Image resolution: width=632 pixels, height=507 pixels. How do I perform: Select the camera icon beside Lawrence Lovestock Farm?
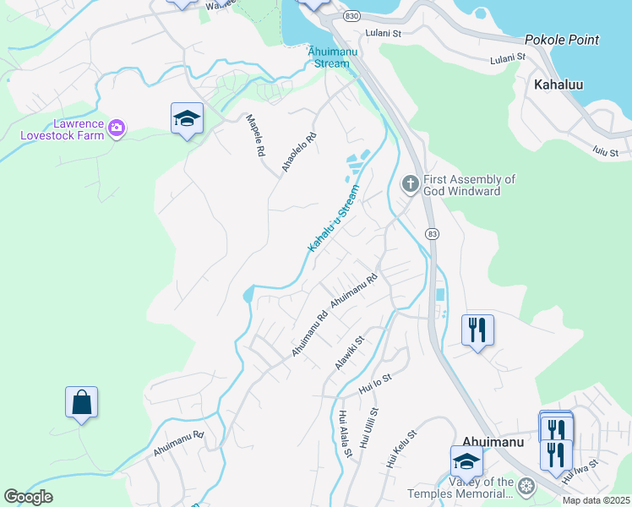(x=117, y=128)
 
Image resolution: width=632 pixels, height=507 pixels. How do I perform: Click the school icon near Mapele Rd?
(x=187, y=119)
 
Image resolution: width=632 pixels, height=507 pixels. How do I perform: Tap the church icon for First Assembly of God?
(x=410, y=184)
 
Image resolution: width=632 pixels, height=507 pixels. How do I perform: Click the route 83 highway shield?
(x=432, y=233)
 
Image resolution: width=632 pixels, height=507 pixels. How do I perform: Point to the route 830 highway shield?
(x=351, y=16)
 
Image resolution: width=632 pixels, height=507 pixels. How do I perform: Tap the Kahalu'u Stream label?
(x=334, y=217)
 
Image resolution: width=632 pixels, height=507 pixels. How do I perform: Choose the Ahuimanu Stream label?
(x=331, y=57)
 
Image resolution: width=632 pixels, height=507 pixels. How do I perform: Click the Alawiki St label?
(x=349, y=352)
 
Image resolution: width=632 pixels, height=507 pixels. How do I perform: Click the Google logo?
(x=28, y=497)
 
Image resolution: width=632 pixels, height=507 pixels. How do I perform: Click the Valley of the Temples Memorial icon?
(x=526, y=487)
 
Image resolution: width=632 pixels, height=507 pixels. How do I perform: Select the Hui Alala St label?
(x=345, y=433)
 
